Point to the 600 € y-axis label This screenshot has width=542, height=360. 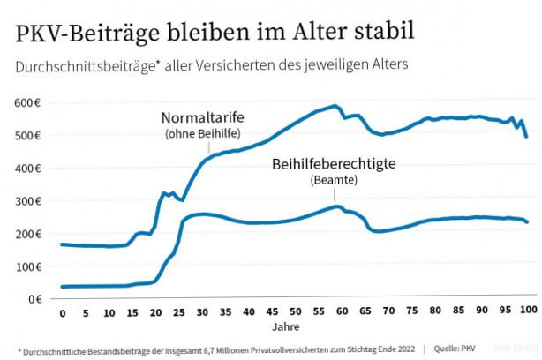pyautogui.click(x=27, y=103)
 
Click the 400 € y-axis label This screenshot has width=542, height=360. pyautogui.click(x=27, y=169)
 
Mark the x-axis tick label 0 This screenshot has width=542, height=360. pyautogui.click(x=62, y=314)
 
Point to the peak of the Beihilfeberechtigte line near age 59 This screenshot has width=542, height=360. pyautogui.click(x=337, y=206)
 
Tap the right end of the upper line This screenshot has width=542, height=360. pyautogui.click(x=527, y=137)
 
